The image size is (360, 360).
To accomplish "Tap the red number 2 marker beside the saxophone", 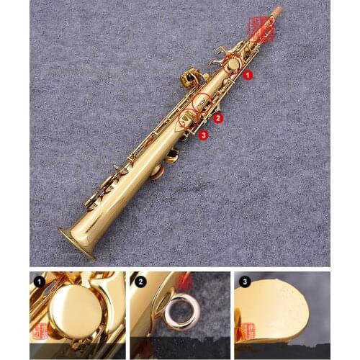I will (219, 117).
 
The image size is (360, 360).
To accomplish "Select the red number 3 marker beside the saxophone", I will (204, 135).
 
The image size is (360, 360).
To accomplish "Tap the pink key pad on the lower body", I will (158, 171).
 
